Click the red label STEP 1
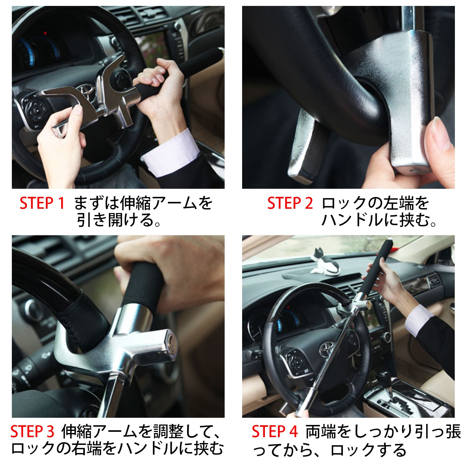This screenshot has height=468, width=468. (x=42, y=203)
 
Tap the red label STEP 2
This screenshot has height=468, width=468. (x=290, y=203)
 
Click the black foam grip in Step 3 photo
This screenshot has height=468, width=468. (x=142, y=285)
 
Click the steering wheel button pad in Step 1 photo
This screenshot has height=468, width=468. (x=35, y=111)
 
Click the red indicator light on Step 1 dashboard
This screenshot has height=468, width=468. (x=46, y=33)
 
